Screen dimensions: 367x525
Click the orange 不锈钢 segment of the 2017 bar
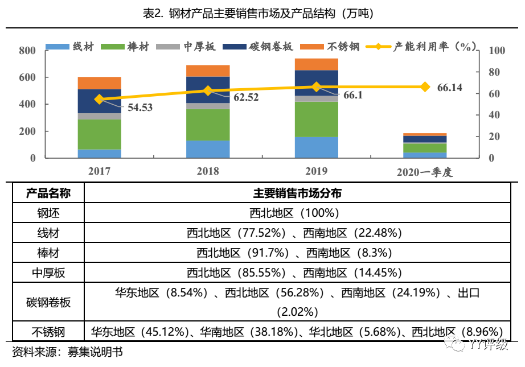click(x=100, y=83)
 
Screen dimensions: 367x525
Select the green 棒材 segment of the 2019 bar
click(x=316, y=119)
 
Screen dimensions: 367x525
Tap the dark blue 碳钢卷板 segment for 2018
click(x=208, y=90)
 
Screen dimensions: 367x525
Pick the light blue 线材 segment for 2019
click(x=316, y=147)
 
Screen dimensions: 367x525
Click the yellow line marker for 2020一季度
click(x=425, y=87)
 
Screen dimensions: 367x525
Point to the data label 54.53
click(x=140, y=107)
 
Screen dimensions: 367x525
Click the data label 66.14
click(x=450, y=88)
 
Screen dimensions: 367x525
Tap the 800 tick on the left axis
click(x=27, y=51)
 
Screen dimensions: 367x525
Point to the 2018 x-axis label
click(x=208, y=171)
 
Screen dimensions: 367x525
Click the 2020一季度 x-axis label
click(x=425, y=172)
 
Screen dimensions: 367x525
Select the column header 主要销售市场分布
click(x=297, y=193)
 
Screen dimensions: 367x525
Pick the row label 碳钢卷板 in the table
click(x=48, y=302)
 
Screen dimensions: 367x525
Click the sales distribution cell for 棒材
click(x=295, y=253)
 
